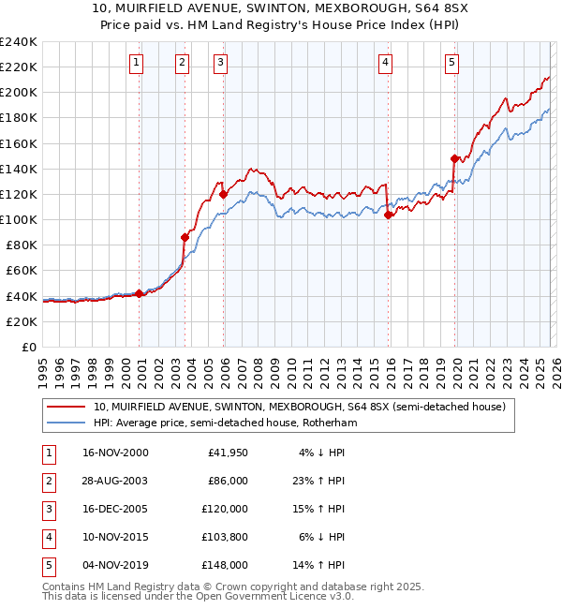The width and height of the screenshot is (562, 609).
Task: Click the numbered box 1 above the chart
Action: (x=137, y=63)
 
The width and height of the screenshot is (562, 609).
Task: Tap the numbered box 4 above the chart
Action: (x=385, y=63)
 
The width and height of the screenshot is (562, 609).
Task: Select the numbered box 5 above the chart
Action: (x=451, y=63)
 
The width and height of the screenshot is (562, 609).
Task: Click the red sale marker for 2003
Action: (x=185, y=237)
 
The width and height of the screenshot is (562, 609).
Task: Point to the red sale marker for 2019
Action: (x=454, y=158)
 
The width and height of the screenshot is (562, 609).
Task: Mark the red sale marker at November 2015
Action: (x=389, y=215)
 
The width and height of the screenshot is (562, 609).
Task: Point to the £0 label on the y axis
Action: (x=28, y=347)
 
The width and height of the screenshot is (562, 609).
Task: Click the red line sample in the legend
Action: (x=65, y=407)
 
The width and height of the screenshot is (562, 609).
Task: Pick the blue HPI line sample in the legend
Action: (x=65, y=423)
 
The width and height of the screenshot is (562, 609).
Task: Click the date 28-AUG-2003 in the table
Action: (x=116, y=481)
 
